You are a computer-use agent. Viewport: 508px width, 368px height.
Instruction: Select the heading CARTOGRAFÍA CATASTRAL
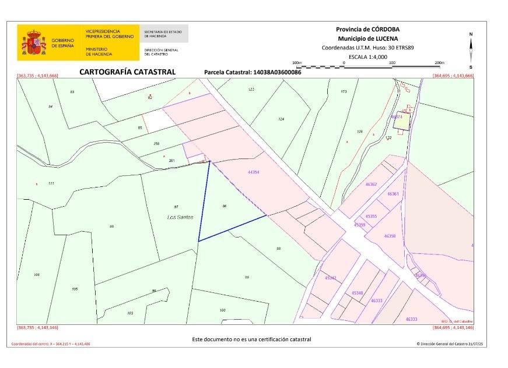pyautogui.click(x=127, y=72)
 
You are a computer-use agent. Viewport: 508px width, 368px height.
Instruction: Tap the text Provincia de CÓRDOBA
pyautogui.click(x=367, y=29)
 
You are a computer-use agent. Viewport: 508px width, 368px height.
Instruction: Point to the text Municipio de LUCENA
pyautogui.click(x=367, y=38)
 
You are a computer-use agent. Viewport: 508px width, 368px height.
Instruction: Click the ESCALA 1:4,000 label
pyautogui.click(x=367, y=56)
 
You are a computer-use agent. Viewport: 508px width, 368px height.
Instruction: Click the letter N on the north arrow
pyautogui.click(x=471, y=34)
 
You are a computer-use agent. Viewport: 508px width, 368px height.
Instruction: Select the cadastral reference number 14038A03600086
pyautogui.click(x=276, y=73)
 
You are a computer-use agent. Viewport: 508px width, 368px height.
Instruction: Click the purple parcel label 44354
pyautogui.click(x=254, y=172)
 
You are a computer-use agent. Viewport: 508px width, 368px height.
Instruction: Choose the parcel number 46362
pyautogui.click(x=371, y=184)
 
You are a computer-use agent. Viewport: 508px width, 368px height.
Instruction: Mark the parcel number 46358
pyautogui.click(x=390, y=236)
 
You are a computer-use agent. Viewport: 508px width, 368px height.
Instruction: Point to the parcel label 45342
pyautogui.click(x=330, y=278)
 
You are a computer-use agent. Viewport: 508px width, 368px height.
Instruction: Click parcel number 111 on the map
pyautogui.click(x=51, y=183)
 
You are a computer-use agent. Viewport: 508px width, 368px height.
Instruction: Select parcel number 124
pyautogui.click(x=281, y=119)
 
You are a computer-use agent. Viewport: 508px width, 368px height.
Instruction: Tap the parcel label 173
pyautogui.click(x=344, y=91)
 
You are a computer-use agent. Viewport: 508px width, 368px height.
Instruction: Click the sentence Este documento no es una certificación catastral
pyautogui.click(x=251, y=339)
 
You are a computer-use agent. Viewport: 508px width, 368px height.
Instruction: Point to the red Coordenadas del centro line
pyautogui.click(x=51, y=344)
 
